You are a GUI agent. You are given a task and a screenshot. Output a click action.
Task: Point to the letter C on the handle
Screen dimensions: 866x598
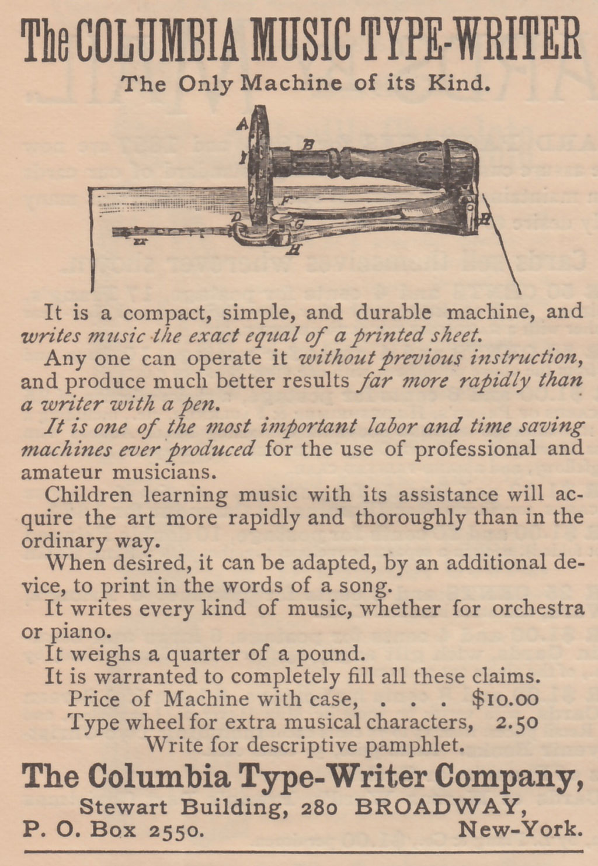[x=422, y=157]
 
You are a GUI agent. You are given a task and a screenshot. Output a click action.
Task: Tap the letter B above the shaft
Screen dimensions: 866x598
[x=308, y=143]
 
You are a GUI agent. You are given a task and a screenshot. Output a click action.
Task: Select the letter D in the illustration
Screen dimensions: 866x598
[x=237, y=217]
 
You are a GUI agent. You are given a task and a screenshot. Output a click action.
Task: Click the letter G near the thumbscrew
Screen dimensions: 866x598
[x=297, y=224]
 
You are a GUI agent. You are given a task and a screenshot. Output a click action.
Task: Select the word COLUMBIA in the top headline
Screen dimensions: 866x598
[x=158, y=41]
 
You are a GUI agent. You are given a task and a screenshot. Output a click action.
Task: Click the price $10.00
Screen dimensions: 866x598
[x=504, y=698]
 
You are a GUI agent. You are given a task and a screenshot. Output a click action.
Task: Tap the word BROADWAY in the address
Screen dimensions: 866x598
[x=436, y=807]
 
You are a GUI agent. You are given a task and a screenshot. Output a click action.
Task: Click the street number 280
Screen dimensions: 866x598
[x=319, y=808]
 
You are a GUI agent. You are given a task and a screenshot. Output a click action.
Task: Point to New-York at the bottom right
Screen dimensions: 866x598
[x=520, y=829]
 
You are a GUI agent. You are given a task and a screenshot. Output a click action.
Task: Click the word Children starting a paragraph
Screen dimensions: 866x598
[x=89, y=494]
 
